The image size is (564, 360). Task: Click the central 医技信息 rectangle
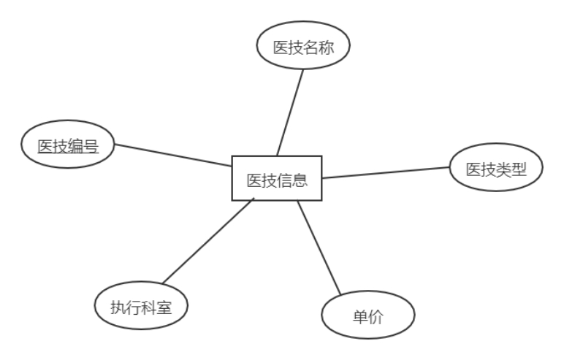click(277, 178)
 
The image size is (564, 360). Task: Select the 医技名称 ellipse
click(303, 47)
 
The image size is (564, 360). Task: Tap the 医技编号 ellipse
click(68, 146)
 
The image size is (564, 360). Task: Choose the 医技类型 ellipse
click(496, 169)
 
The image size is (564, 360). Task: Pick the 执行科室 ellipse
click(142, 307)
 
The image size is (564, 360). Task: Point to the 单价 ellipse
click(368, 318)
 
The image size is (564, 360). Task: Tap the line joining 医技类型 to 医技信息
click(386, 173)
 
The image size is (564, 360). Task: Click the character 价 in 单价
click(376, 318)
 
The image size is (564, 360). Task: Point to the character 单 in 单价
click(361, 318)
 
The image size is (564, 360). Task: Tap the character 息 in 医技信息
click(300, 179)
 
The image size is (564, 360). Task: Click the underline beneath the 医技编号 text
click(68, 154)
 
